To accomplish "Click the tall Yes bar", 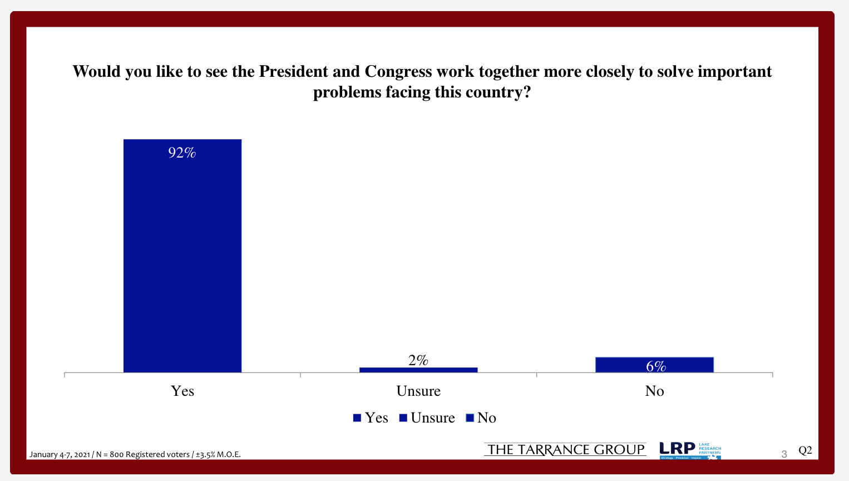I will [182, 256].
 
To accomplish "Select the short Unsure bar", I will [418, 370].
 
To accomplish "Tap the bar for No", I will [654, 365].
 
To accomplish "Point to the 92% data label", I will [182, 153].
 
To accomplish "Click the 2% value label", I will [418, 360].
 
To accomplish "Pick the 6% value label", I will [656, 366].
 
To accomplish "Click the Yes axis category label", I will [182, 391].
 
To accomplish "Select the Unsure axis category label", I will [418, 391].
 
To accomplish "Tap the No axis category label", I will [654, 391].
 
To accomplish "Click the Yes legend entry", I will [371, 418].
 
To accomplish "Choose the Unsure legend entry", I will [427, 418].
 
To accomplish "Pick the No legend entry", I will [481, 418].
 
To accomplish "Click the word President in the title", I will [294, 72].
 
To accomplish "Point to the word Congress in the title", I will [398, 72].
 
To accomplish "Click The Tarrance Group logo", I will [565, 450].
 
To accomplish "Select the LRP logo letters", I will [677, 449].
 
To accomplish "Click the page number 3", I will [784, 454].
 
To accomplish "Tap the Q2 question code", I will [805, 450].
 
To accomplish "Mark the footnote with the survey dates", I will [135, 454].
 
